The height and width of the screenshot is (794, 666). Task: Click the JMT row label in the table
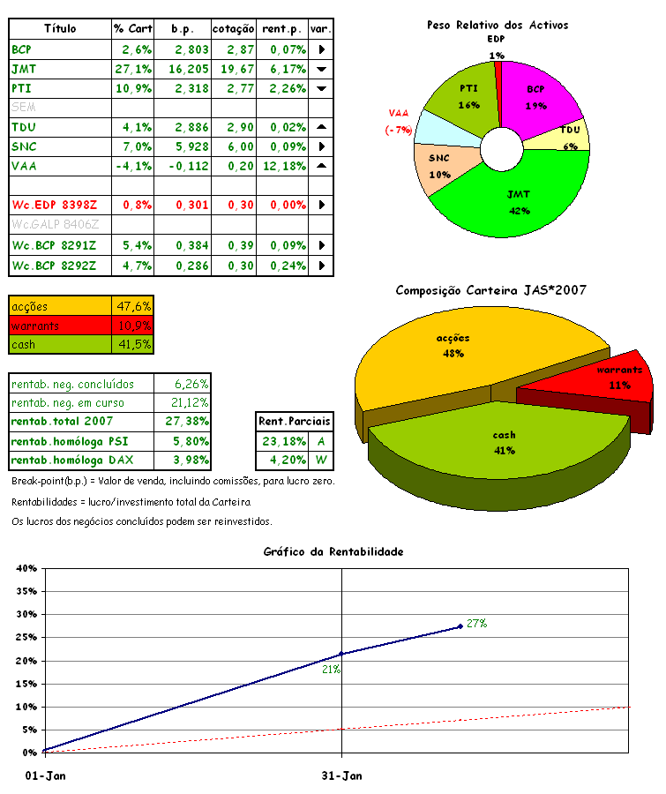coord(25,69)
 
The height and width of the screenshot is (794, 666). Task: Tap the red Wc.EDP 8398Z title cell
coord(54,206)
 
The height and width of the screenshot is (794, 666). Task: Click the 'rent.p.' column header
coord(283,29)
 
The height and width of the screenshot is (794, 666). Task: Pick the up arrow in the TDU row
coord(321,127)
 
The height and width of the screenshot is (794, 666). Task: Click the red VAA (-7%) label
coord(399,122)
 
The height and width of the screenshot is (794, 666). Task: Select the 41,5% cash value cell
coord(134,344)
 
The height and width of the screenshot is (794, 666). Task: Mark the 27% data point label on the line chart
coord(477,624)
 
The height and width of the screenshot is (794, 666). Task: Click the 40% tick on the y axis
coord(24,568)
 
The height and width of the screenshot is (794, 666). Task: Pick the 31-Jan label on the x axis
coord(342,776)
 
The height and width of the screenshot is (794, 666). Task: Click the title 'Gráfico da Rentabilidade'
coord(333,551)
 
